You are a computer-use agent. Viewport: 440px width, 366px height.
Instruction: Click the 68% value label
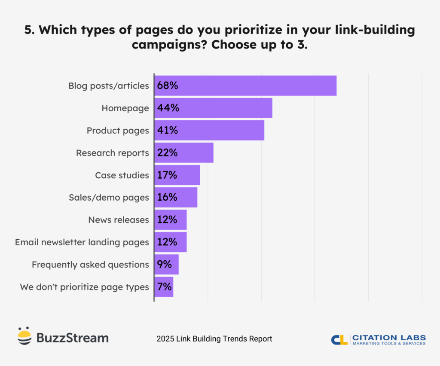click(x=167, y=85)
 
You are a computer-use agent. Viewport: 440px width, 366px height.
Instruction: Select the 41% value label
click(x=167, y=130)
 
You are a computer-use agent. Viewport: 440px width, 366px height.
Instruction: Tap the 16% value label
click(x=167, y=197)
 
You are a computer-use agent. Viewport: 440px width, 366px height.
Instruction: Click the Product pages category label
click(x=118, y=131)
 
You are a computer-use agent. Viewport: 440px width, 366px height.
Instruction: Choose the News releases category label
click(x=119, y=220)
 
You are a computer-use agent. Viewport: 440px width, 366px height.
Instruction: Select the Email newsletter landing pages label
click(x=82, y=242)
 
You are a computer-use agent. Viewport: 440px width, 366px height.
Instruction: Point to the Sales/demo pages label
click(x=109, y=198)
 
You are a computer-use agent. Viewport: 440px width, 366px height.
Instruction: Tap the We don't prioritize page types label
click(x=84, y=287)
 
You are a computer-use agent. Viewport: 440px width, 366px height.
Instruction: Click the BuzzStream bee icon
click(x=24, y=336)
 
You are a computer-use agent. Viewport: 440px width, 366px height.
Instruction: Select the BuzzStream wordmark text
click(x=72, y=338)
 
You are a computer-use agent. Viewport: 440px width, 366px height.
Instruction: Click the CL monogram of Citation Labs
click(x=339, y=339)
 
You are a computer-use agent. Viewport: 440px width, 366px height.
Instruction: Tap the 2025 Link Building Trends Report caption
click(x=214, y=339)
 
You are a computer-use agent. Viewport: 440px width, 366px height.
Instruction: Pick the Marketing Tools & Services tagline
click(x=389, y=343)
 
